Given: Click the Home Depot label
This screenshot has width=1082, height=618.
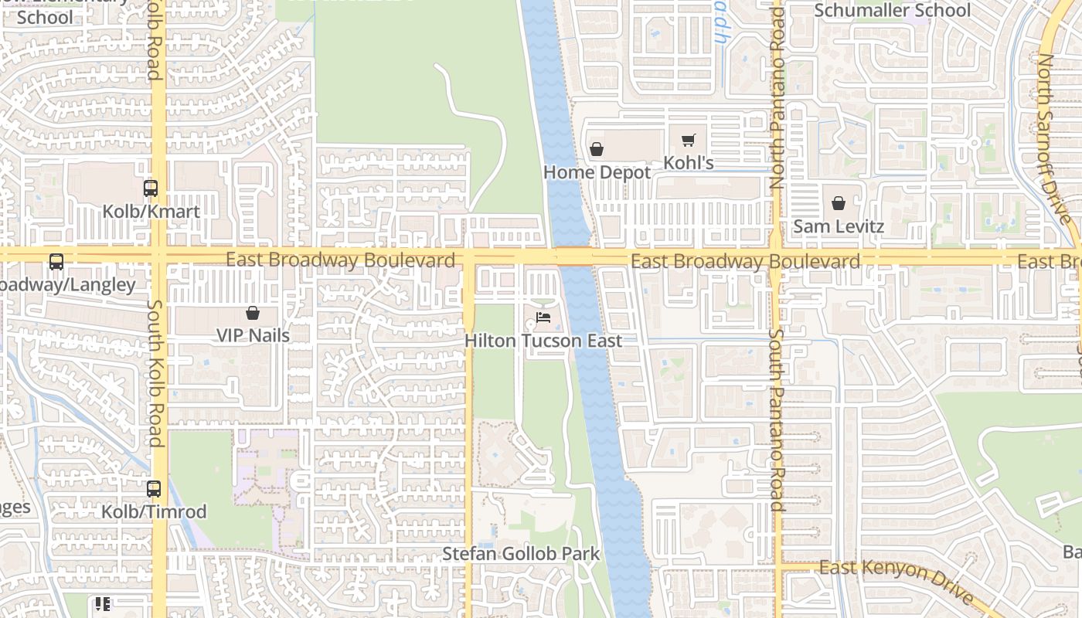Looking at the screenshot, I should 597,172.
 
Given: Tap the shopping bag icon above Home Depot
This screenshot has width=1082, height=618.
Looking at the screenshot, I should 596,149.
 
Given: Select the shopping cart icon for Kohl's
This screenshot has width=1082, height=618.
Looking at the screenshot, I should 688,141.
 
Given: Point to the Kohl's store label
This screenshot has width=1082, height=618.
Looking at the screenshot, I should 689,163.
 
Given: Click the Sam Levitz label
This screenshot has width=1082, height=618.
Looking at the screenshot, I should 839,227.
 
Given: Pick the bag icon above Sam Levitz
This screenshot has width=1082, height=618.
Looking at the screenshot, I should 839,204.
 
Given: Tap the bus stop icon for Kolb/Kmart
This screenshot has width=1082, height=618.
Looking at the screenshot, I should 151,188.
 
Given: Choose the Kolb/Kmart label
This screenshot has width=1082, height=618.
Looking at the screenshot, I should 151,212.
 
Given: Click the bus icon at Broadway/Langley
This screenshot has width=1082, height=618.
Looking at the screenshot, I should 56,262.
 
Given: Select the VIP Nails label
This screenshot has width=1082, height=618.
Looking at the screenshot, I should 253,336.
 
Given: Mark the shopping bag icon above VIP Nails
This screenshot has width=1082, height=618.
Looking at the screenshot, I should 252,313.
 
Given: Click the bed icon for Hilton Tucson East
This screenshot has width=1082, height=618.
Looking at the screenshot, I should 543,317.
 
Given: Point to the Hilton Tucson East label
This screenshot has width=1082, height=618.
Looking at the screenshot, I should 543,341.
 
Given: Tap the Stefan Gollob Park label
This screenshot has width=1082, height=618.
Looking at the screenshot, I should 521,554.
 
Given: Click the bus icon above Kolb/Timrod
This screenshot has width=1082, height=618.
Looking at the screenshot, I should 154,489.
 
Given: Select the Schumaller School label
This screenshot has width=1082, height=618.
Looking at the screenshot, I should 893,11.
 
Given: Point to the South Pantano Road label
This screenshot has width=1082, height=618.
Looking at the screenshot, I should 777,421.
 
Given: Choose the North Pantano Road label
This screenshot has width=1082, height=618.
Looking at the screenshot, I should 777,97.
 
